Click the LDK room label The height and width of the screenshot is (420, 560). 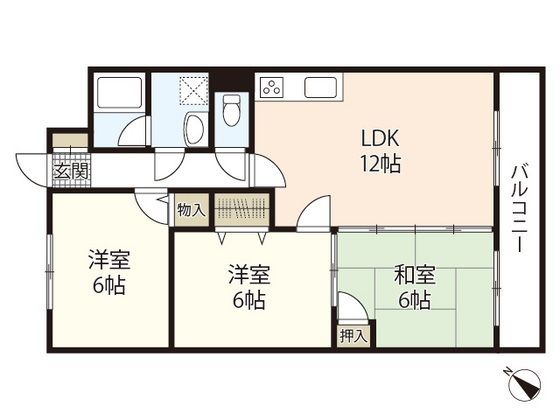click(x=380, y=138)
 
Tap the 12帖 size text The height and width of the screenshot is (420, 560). click(x=380, y=164)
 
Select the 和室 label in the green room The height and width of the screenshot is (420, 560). click(x=415, y=275)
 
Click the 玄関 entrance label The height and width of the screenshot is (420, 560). click(x=71, y=172)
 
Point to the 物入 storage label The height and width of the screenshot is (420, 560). click(x=191, y=210)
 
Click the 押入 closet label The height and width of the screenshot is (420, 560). click(x=353, y=335)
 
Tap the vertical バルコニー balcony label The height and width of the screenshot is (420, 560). click(x=520, y=209)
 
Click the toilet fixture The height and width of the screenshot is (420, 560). click(x=231, y=110)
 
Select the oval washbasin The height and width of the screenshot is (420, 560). click(x=195, y=129)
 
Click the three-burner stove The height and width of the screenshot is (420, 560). click(x=272, y=87)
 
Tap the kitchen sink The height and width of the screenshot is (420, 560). click(x=320, y=88)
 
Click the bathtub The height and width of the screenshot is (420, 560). click(x=119, y=92)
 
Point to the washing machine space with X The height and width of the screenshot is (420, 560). click(x=193, y=90)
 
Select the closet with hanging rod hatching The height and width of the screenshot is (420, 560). click(x=241, y=209)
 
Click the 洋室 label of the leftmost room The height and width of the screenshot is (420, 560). click(x=109, y=260)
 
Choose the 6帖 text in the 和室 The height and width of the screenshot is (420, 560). click(x=414, y=300)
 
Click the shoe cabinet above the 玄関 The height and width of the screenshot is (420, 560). click(x=70, y=140)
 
